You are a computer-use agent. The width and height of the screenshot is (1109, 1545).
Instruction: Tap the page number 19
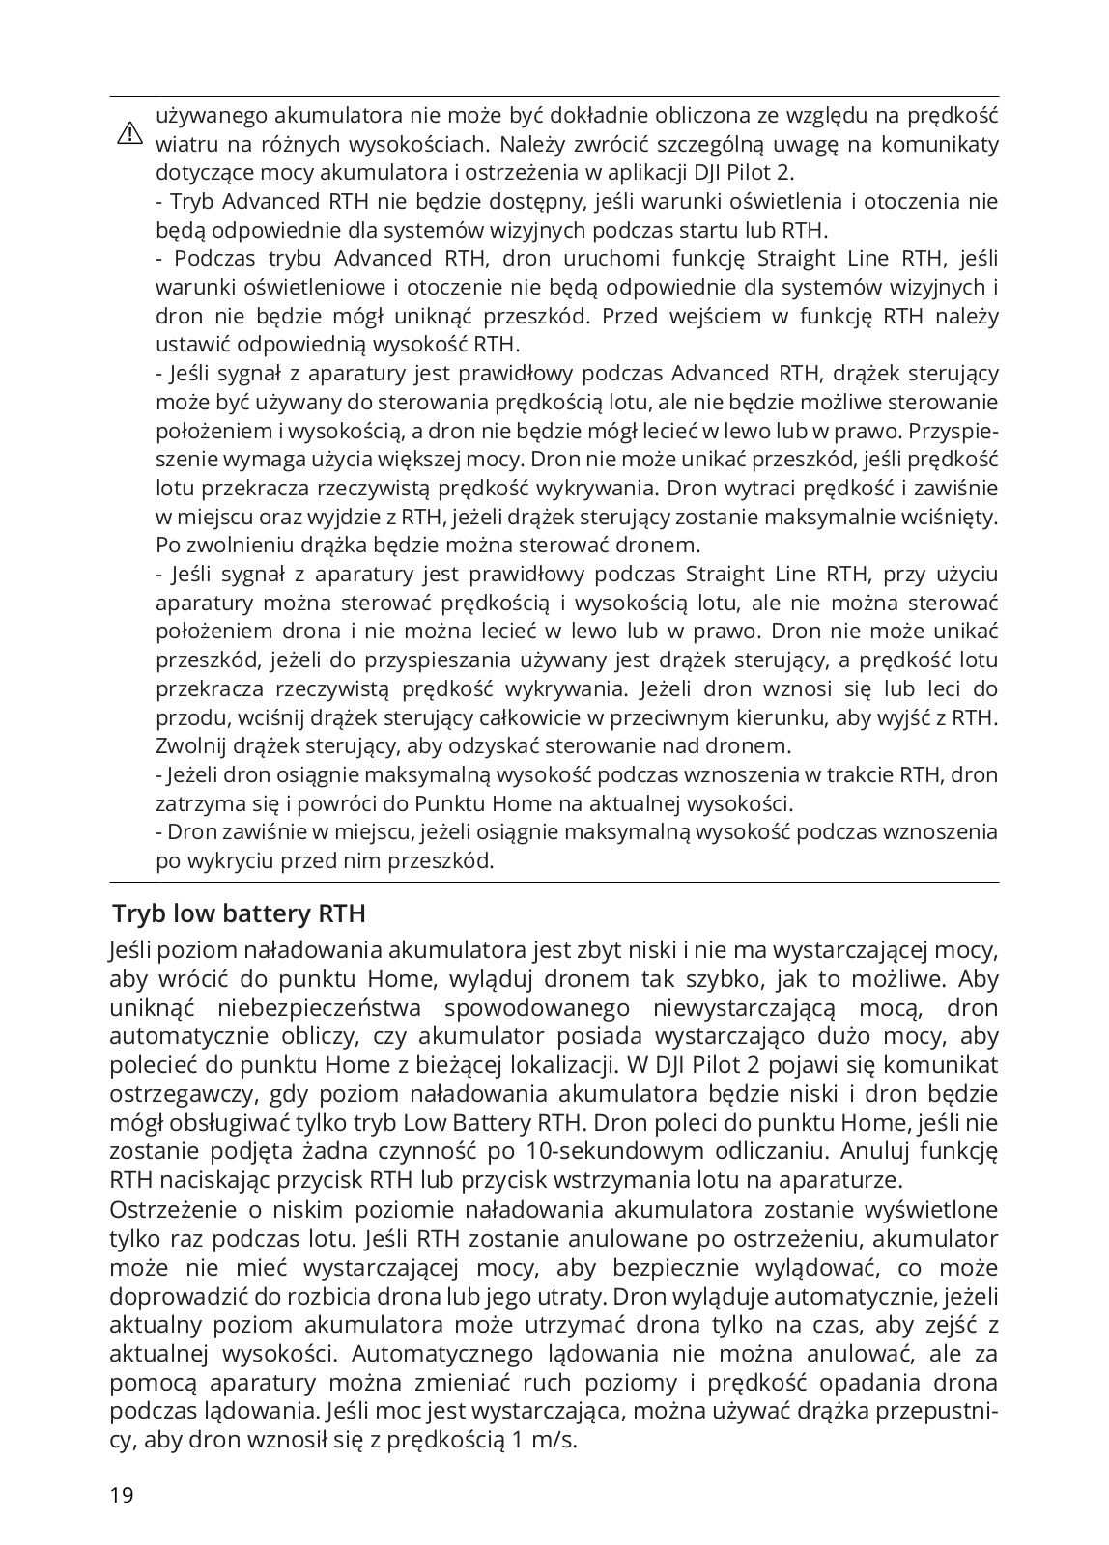122,1496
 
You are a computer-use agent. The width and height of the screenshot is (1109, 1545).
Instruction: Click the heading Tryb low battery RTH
239,913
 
